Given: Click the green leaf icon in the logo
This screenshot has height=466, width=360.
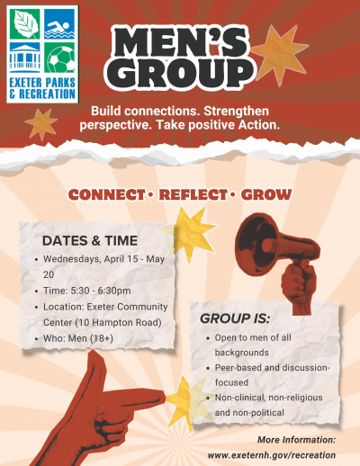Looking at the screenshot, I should [24, 24].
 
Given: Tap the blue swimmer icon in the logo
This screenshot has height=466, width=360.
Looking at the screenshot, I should [58, 24].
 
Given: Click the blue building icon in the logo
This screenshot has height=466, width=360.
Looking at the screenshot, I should [24, 58].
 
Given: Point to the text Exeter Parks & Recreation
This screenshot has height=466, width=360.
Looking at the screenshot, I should [41, 90].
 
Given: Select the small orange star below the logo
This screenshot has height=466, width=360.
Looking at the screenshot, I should [40, 121].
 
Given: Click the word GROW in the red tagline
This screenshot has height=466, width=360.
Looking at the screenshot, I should [266, 193].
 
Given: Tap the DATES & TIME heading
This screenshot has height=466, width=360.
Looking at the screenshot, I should [90, 240].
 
